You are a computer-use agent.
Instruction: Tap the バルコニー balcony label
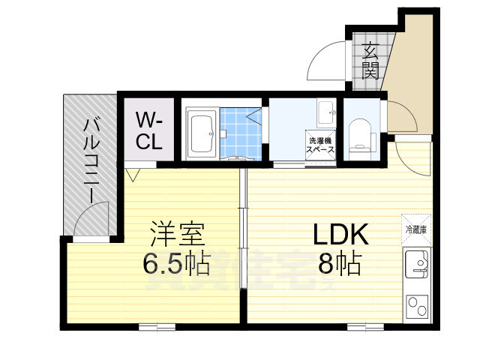[x=89, y=160]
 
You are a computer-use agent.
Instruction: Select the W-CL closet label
[x=148, y=130]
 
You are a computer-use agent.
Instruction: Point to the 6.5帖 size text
[x=176, y=263]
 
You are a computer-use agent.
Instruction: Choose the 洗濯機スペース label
[x=319, y=145]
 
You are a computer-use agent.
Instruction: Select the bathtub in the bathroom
[x=201, y=133]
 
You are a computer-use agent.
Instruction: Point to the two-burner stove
[x=416, y=307]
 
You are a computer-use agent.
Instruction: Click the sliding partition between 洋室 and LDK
[x=243, y=217]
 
